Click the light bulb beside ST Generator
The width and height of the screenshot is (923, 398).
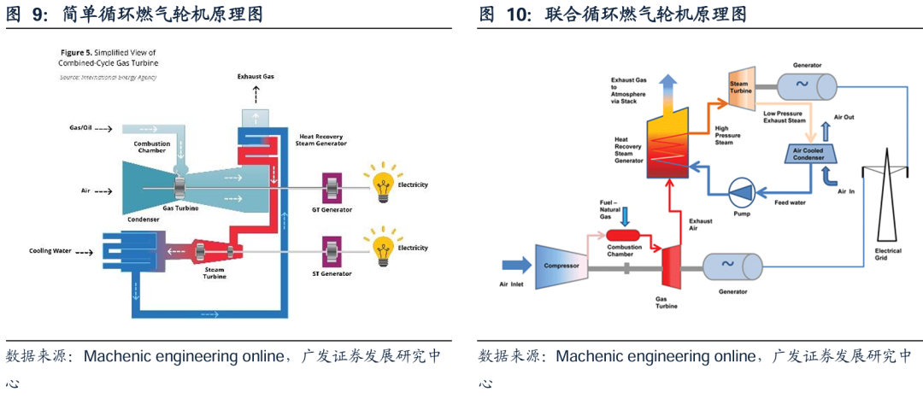click(382, 247)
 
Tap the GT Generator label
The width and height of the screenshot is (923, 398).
click(331, 209)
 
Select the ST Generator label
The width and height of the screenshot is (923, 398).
click(331, 273)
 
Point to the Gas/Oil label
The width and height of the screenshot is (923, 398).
click(81, 128)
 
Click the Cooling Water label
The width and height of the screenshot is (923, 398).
click(50, 252)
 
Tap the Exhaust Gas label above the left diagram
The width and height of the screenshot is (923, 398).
click(256, 77)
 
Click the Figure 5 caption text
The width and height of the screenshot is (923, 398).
click(108, 57)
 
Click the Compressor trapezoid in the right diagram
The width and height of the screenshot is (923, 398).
click(561, 265)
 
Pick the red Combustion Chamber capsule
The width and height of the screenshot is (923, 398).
click(624, 233)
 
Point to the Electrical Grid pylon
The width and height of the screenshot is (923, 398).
click(887, 201)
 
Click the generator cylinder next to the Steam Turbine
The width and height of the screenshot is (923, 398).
click(807, 85)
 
